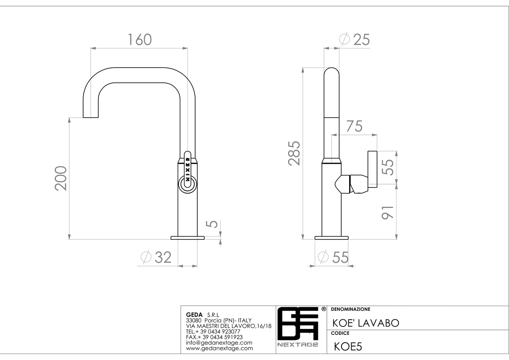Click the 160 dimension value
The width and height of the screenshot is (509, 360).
pyautogui.click(x=140, y=39)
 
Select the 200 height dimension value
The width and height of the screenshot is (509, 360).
pyautogui.click(x=61, y=178)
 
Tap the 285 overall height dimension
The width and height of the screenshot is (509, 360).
pyautogui.click(x=294, y=153)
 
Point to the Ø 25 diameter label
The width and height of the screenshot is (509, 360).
pyautogui.click(x=354, y=39)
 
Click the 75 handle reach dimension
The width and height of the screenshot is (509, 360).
pyautogui.click(x=354, y=126)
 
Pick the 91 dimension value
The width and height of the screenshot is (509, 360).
pyautogui.click(x=387, y=213)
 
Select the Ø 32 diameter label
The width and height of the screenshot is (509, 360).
pyautogui.click(x=156, y=257)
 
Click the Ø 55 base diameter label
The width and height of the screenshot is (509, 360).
pyautogui.click(x=333, y=257)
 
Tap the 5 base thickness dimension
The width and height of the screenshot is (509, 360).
pyautogui.click(x=212, y=224)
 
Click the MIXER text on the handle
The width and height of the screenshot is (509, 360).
pyautogui.click(x=187, y=169)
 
